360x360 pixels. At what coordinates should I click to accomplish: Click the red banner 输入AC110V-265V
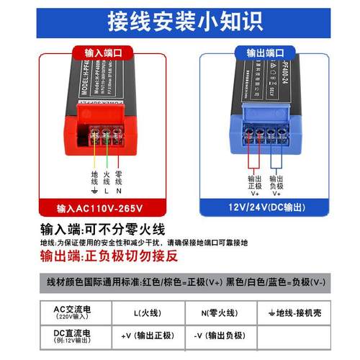pos(104,209)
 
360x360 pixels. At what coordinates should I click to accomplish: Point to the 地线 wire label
pos(94,180)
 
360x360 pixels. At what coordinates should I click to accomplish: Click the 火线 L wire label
pos(107,180)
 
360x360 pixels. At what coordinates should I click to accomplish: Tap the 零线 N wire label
pos(120,180)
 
